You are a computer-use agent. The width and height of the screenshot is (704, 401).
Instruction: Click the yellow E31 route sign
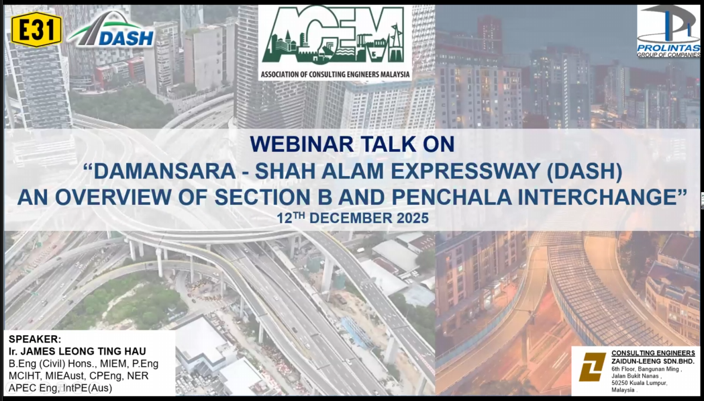[36, 30]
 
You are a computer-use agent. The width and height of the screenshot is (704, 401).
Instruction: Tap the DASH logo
[112, 30]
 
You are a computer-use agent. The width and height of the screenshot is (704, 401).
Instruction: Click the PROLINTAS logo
[668, 31]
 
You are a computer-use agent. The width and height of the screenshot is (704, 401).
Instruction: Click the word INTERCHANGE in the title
[602, 197]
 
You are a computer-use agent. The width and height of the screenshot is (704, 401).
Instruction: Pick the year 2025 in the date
[413, 218]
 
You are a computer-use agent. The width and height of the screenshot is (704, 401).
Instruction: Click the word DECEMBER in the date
[351, 218]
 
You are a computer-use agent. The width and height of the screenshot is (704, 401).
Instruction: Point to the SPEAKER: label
[35, 339]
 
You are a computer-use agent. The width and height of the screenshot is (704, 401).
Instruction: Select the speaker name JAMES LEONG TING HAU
[82, 351]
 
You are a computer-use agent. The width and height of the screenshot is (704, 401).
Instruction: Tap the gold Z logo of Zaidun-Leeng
[592, 367]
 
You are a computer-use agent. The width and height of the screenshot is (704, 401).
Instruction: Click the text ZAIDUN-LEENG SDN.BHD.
[653, 361]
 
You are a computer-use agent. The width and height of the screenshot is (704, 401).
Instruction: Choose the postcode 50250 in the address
[619, 383]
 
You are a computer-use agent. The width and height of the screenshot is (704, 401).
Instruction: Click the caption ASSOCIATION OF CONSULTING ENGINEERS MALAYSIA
[336, 74]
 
